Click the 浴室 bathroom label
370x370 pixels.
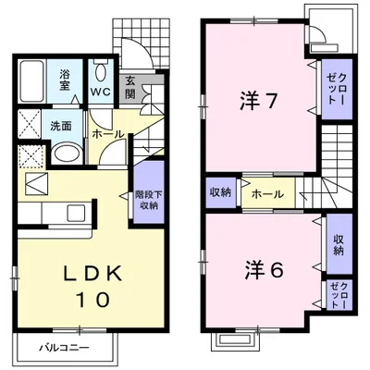pos(65,80)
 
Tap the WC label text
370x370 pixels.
pos(100,92)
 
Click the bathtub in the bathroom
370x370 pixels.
pos(31,81)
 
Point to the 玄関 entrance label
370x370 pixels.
pos(130,87)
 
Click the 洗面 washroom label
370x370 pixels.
pos(61,126)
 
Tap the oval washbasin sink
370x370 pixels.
pos(67,154)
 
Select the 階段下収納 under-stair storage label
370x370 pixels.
pos(149,201)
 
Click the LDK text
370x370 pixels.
pos(92,272)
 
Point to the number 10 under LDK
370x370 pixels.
pos(92,300)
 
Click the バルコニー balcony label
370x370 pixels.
pos(64,349)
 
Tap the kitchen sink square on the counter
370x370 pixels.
pos(76,213)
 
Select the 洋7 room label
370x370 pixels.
pos(257,101)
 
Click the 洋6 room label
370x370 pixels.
pos(264,270)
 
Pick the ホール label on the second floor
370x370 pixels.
pos(267,194)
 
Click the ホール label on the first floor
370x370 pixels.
pos(108,134)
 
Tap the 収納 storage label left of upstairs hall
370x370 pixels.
pos(220,192)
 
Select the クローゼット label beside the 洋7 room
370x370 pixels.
pos(337,90)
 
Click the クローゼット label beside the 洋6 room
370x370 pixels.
pos(339,295)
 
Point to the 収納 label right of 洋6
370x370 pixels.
pos(339,245)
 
